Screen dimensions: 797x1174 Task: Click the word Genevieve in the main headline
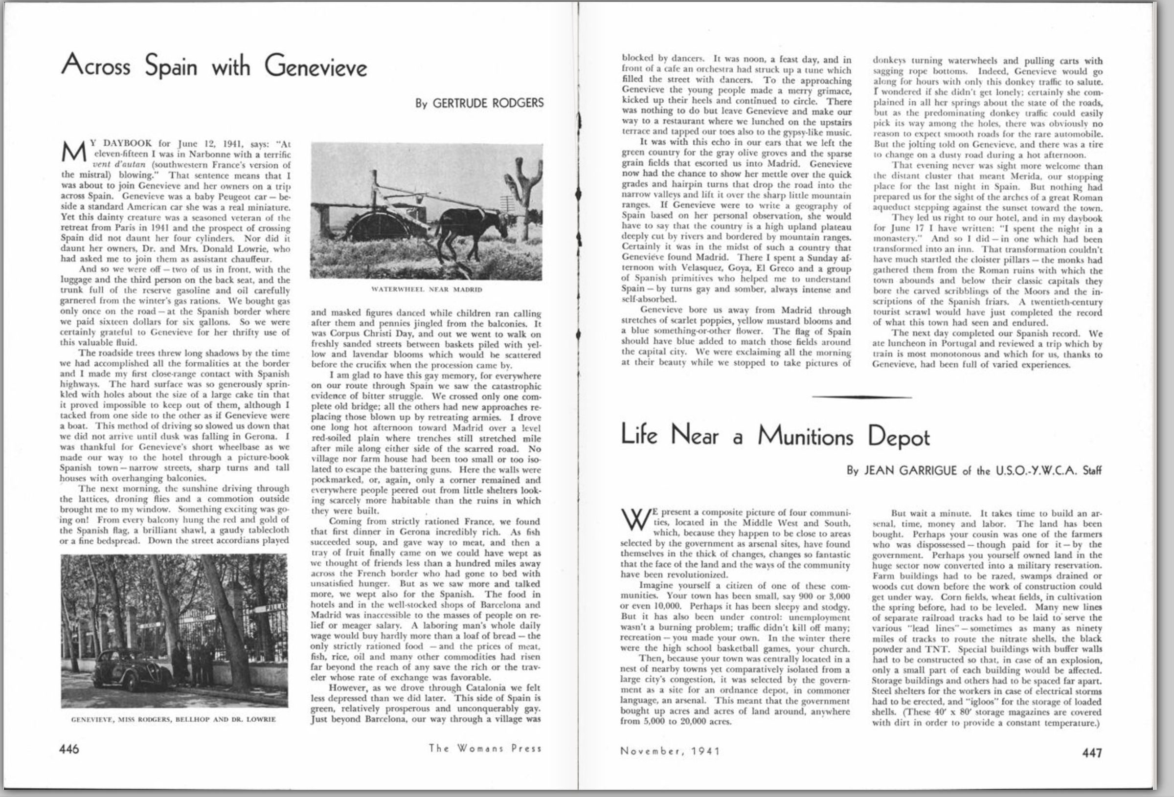pos(316,66)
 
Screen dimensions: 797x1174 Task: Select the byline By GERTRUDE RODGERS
pos(479,103)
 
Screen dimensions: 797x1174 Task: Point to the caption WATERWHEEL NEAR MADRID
pos(427,290)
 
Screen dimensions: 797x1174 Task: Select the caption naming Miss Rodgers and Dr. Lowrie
pos(174,719)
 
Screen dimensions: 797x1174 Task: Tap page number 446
pos(69,749)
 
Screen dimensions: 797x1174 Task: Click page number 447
pos(1092,753)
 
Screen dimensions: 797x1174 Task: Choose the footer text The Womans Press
pos(485,749)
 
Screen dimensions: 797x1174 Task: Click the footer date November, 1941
pos(670,751)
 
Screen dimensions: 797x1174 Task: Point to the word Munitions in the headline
pos(805,436)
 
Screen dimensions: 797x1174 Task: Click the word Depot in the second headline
pos(899,438)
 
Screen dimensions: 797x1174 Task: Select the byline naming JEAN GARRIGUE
pos(973,471)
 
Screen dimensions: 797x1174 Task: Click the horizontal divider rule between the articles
pos(862,398)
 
